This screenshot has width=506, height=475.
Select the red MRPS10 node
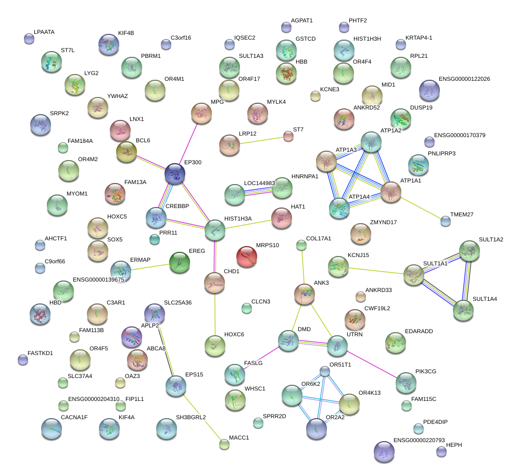247,256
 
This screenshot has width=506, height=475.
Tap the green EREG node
180,262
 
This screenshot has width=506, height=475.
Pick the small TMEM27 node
445,221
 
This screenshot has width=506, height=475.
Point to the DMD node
288,340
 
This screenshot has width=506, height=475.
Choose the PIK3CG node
406,382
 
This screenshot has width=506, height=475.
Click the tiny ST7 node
288,137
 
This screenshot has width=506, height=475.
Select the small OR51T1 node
325,371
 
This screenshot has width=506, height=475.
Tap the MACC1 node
224,444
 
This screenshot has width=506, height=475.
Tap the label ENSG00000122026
464,79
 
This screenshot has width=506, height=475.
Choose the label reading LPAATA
44,32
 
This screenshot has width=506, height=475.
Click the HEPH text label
454,445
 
